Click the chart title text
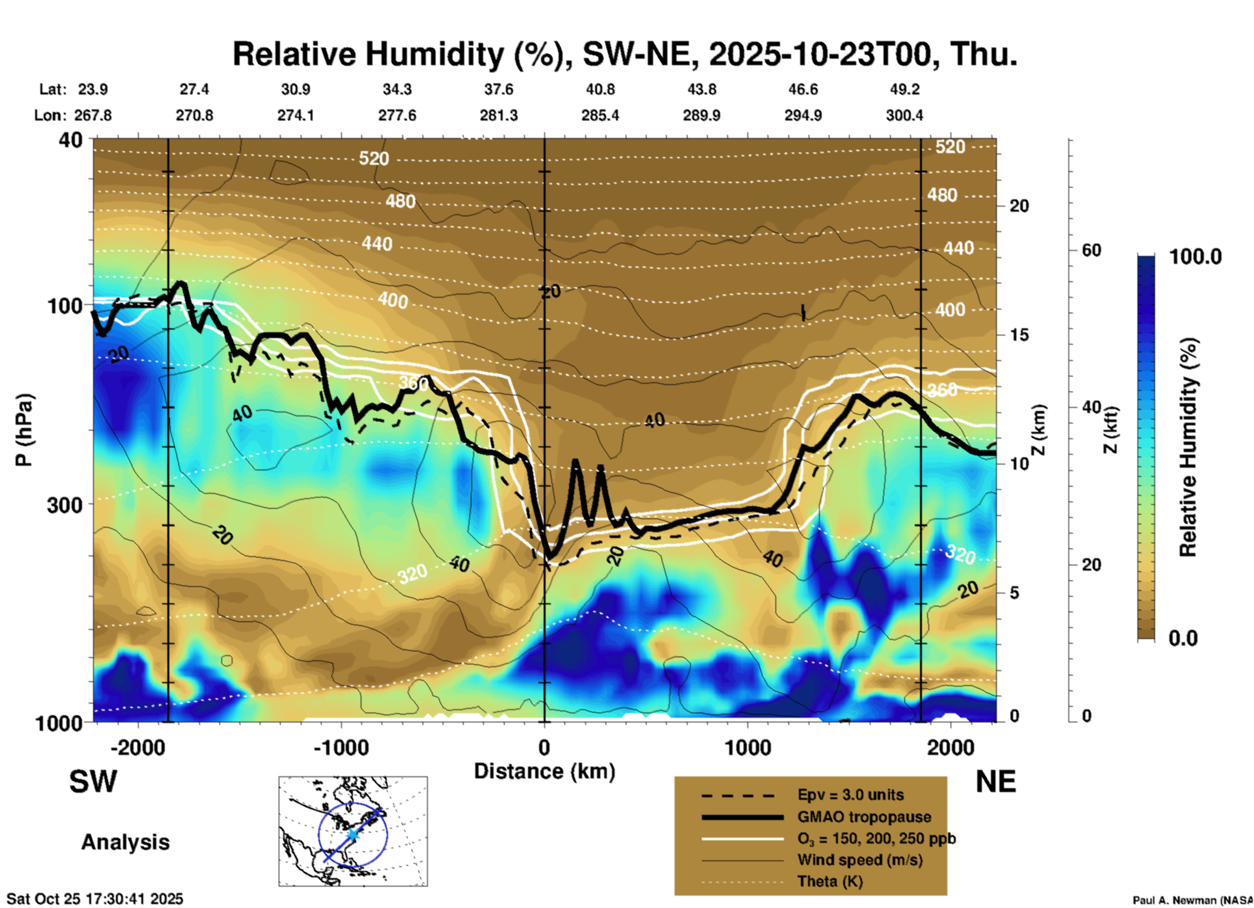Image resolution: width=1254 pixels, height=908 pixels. pos(624,54)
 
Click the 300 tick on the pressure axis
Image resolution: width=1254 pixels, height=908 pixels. pos(64,505)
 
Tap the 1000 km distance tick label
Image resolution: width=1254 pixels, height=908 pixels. pos(747,748)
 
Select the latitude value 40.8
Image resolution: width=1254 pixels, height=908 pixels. pos(600,89)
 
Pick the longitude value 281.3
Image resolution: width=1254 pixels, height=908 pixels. pos(499,115)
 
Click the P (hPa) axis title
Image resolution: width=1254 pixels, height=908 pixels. pos(24,430)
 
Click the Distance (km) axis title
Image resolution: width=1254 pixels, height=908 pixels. pos(544,771)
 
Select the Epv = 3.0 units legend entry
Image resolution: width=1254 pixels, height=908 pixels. pos(850,795)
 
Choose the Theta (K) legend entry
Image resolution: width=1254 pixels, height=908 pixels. pos(829,881)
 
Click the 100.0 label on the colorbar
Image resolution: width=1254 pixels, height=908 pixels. pos(1195,257)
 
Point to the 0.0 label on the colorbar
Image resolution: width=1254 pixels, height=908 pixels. pos(1183,638)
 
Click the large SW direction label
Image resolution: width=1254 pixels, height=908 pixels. pos(93,782)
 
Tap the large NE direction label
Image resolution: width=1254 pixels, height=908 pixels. pos(996,782)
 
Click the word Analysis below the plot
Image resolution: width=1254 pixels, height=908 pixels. pos(125,842)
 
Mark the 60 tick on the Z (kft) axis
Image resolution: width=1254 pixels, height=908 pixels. pos(1091,250)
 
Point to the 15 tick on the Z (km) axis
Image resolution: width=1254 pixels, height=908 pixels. pos(1019,335)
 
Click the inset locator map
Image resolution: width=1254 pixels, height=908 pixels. pos(353,831)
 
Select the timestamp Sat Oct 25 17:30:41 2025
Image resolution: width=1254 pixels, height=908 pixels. pos(95,899)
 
